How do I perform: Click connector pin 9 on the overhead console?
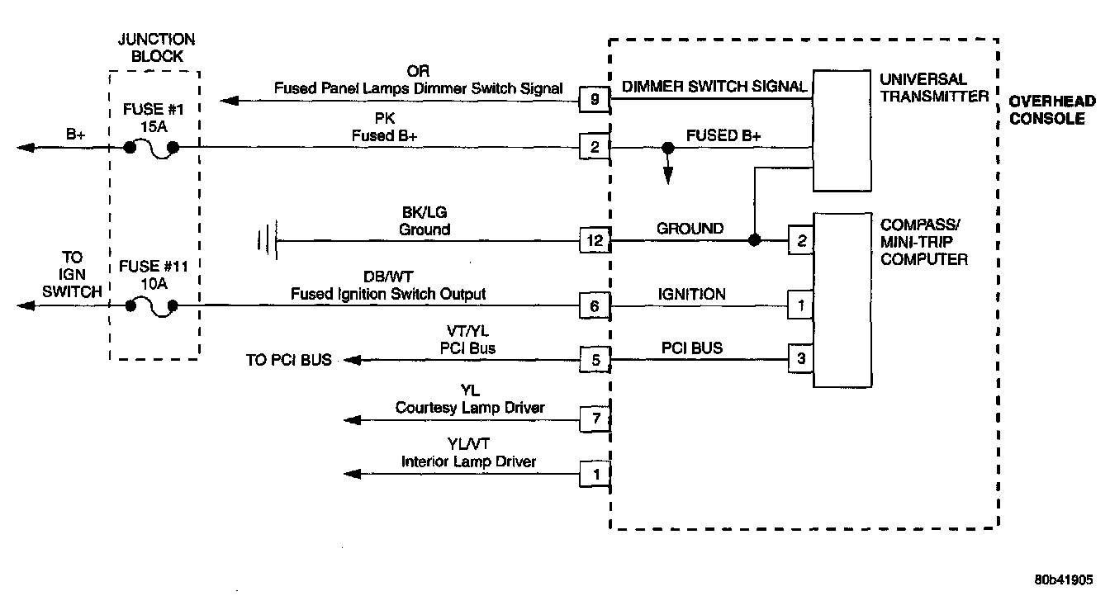(x=595, y=101)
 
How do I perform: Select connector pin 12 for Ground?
(x=595, y=241)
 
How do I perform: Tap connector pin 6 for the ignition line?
(x=595, y=306)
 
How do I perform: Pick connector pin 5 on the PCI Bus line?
(x=595, y=359)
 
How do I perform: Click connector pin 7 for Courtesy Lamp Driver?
(x=595, y=419)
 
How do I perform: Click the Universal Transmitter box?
(x=842, y=130)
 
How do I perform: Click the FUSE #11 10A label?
(x=151, y=275)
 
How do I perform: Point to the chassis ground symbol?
(x=266, y=241)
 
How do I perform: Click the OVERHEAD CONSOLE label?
(x=1053, y=110)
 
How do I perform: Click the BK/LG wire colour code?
(x=425, y=212)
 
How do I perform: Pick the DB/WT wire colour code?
(x=425, y=277)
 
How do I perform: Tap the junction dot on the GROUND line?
(x=753, y=241)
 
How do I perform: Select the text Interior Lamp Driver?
(x=468, y=461)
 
